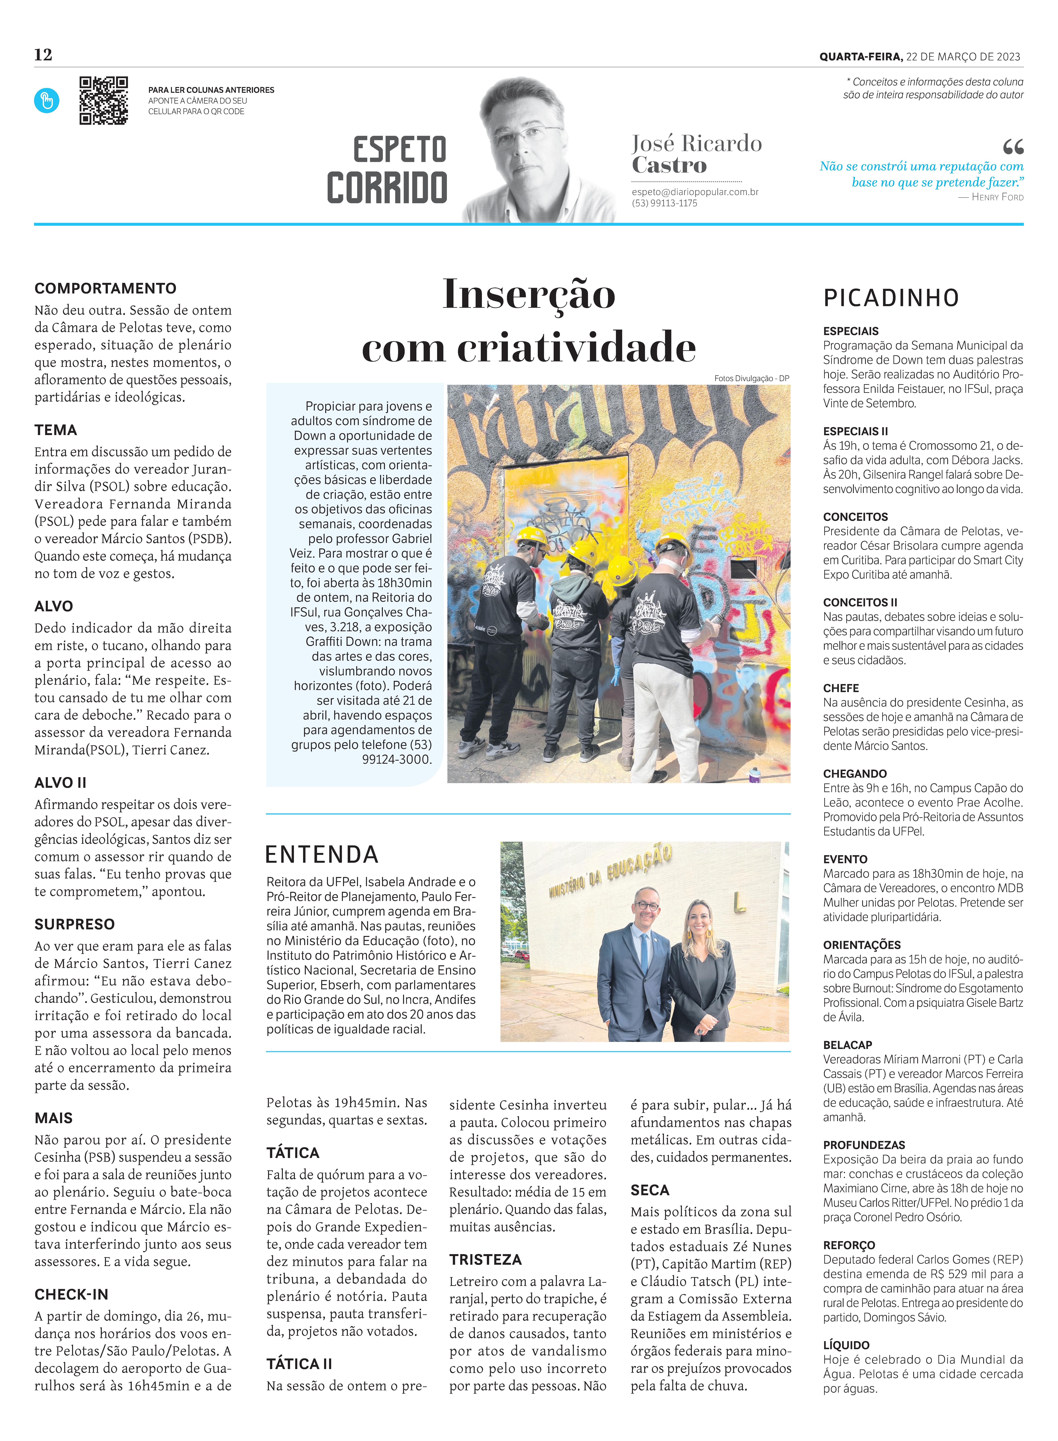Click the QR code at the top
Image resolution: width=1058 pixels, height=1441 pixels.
(103, 100)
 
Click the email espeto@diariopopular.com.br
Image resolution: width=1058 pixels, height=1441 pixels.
(695, 192)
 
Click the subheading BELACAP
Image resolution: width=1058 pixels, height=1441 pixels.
(847, 1045)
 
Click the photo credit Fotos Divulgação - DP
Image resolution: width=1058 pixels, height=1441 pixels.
(751, 379)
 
